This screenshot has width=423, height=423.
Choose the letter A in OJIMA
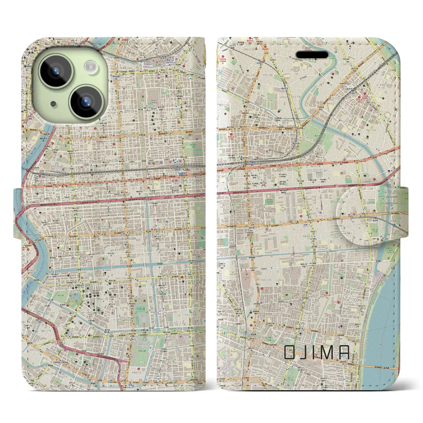point(344,352)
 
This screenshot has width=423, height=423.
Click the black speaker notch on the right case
point(312,55)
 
